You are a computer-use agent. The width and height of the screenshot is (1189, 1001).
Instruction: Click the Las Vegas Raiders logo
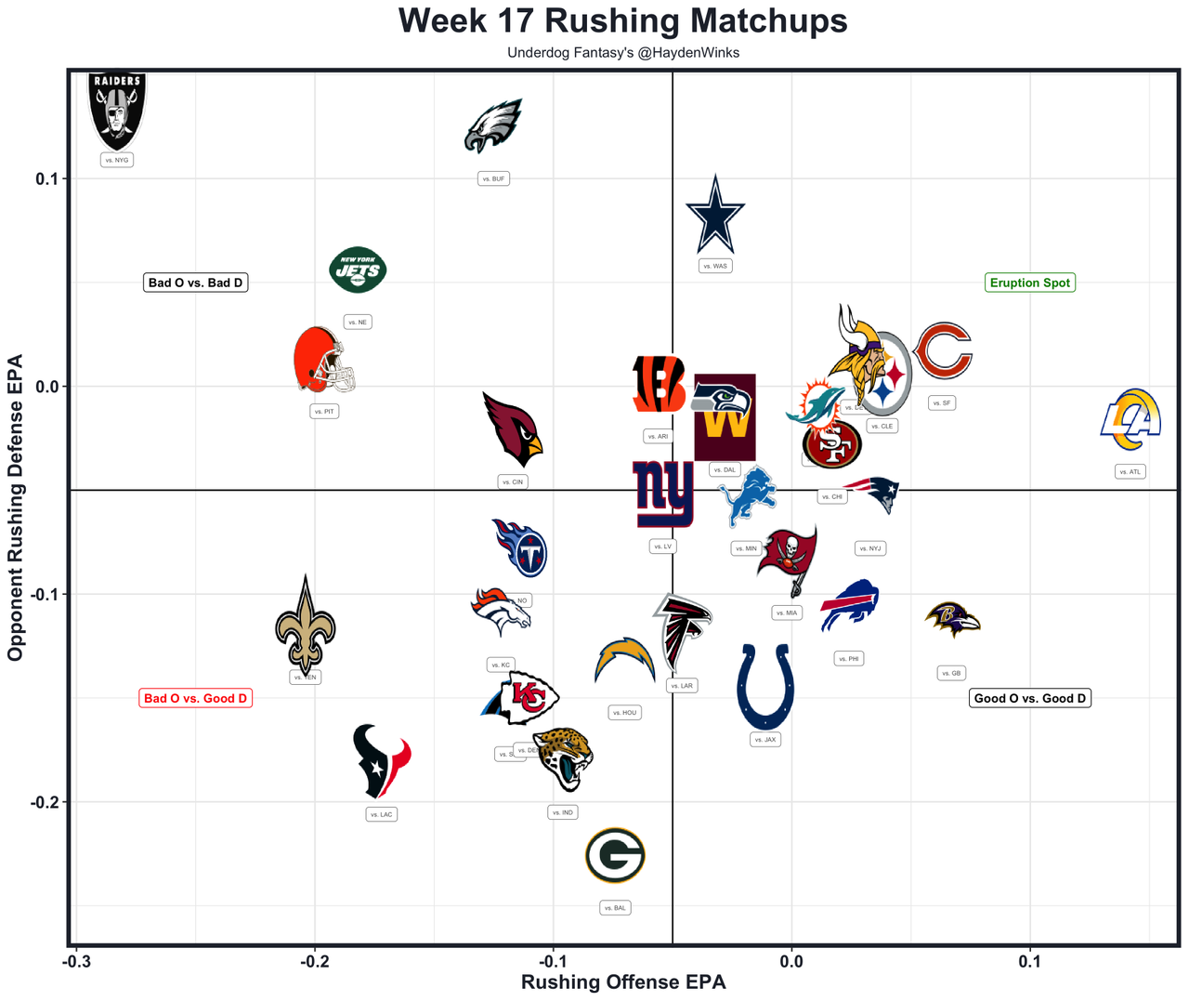[117, 111]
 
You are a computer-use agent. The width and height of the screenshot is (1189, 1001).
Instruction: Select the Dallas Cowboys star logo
[715, 216]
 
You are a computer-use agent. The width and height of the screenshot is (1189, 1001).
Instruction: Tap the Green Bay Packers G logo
[615, 855]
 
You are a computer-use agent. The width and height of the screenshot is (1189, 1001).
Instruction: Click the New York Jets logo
[358, 270]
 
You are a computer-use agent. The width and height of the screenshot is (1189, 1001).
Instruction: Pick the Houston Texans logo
[381, 761]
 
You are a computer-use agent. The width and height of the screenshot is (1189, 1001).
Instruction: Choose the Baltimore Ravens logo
[952, 619]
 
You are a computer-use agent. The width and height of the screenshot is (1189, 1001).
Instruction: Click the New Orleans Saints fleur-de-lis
[306, 624]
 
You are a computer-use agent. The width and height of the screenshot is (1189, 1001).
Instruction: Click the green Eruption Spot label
[1029, 283]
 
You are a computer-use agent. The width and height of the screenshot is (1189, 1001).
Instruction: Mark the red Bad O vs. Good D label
[195, 698]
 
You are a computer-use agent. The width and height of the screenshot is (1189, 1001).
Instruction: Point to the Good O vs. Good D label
[1029, 698]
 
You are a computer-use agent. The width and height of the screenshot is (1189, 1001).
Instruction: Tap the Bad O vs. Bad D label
[195, 283]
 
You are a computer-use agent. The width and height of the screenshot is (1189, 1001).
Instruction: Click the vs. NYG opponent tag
[117, 160]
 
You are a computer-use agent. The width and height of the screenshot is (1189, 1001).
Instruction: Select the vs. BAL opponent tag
[615, 908]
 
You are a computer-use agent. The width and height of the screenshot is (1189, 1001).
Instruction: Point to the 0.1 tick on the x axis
[1029, 962]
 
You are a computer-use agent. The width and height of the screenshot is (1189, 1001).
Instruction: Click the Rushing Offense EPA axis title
[623, 982]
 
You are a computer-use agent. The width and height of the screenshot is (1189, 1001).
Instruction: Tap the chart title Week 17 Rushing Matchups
[623, 20]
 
